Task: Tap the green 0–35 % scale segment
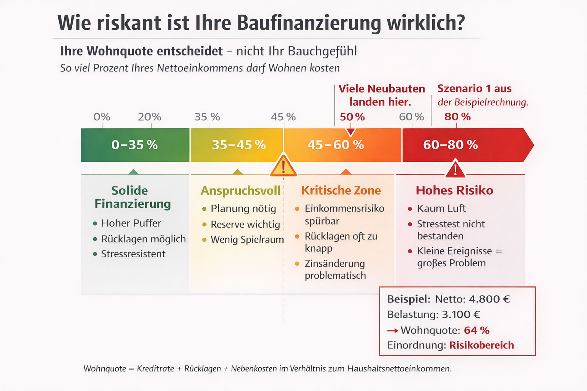pyautogui.click(x=135, y=145)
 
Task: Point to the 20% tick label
pyautogui.click(x=149, y=117)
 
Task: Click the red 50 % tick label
pyautogui.click(x=352, y=117)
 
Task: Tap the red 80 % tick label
pyautogui.click(x=457, y=117)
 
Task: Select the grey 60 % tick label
pyautogui.click(x=411, y=117)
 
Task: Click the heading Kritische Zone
pyautogui.click(x=341, y=191)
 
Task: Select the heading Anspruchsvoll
pyautogui.click(x=240, y=191)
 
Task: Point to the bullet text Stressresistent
pyautogui.click(x=133, y=254)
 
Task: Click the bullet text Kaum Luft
pyautogui.click(x=441, y=208)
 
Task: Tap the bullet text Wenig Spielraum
pyautogui.click(x=247, y=240)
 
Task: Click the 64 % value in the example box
pyautogui.click(x=477, y=330)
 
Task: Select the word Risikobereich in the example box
pyautogui.click(x=481, y=345)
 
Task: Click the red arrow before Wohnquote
pyautogui.click(x=392, y=331)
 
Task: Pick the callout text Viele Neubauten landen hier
pyautogui.click(x=381, y=95)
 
